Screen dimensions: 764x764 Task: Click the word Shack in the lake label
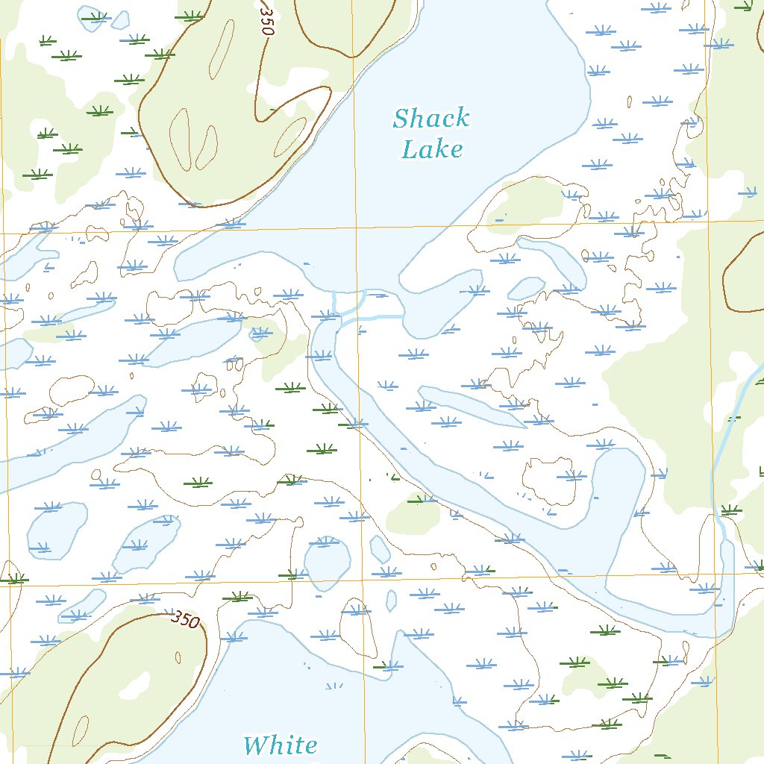pos(431,118)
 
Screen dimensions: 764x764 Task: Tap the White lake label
pos(280,745)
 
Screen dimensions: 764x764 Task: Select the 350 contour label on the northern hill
pos(265,16)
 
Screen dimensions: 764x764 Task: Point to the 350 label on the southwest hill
pos(186,619)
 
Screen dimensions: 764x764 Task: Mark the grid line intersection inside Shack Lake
pos(356,227)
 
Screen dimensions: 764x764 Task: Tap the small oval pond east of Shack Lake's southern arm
pos(527,288)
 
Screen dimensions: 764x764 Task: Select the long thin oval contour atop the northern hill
pos(222,56)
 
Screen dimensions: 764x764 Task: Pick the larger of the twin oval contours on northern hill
pos(181,137)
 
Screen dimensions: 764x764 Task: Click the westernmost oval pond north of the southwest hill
pos(57,530)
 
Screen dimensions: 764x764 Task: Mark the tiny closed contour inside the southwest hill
pos(179,657)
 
